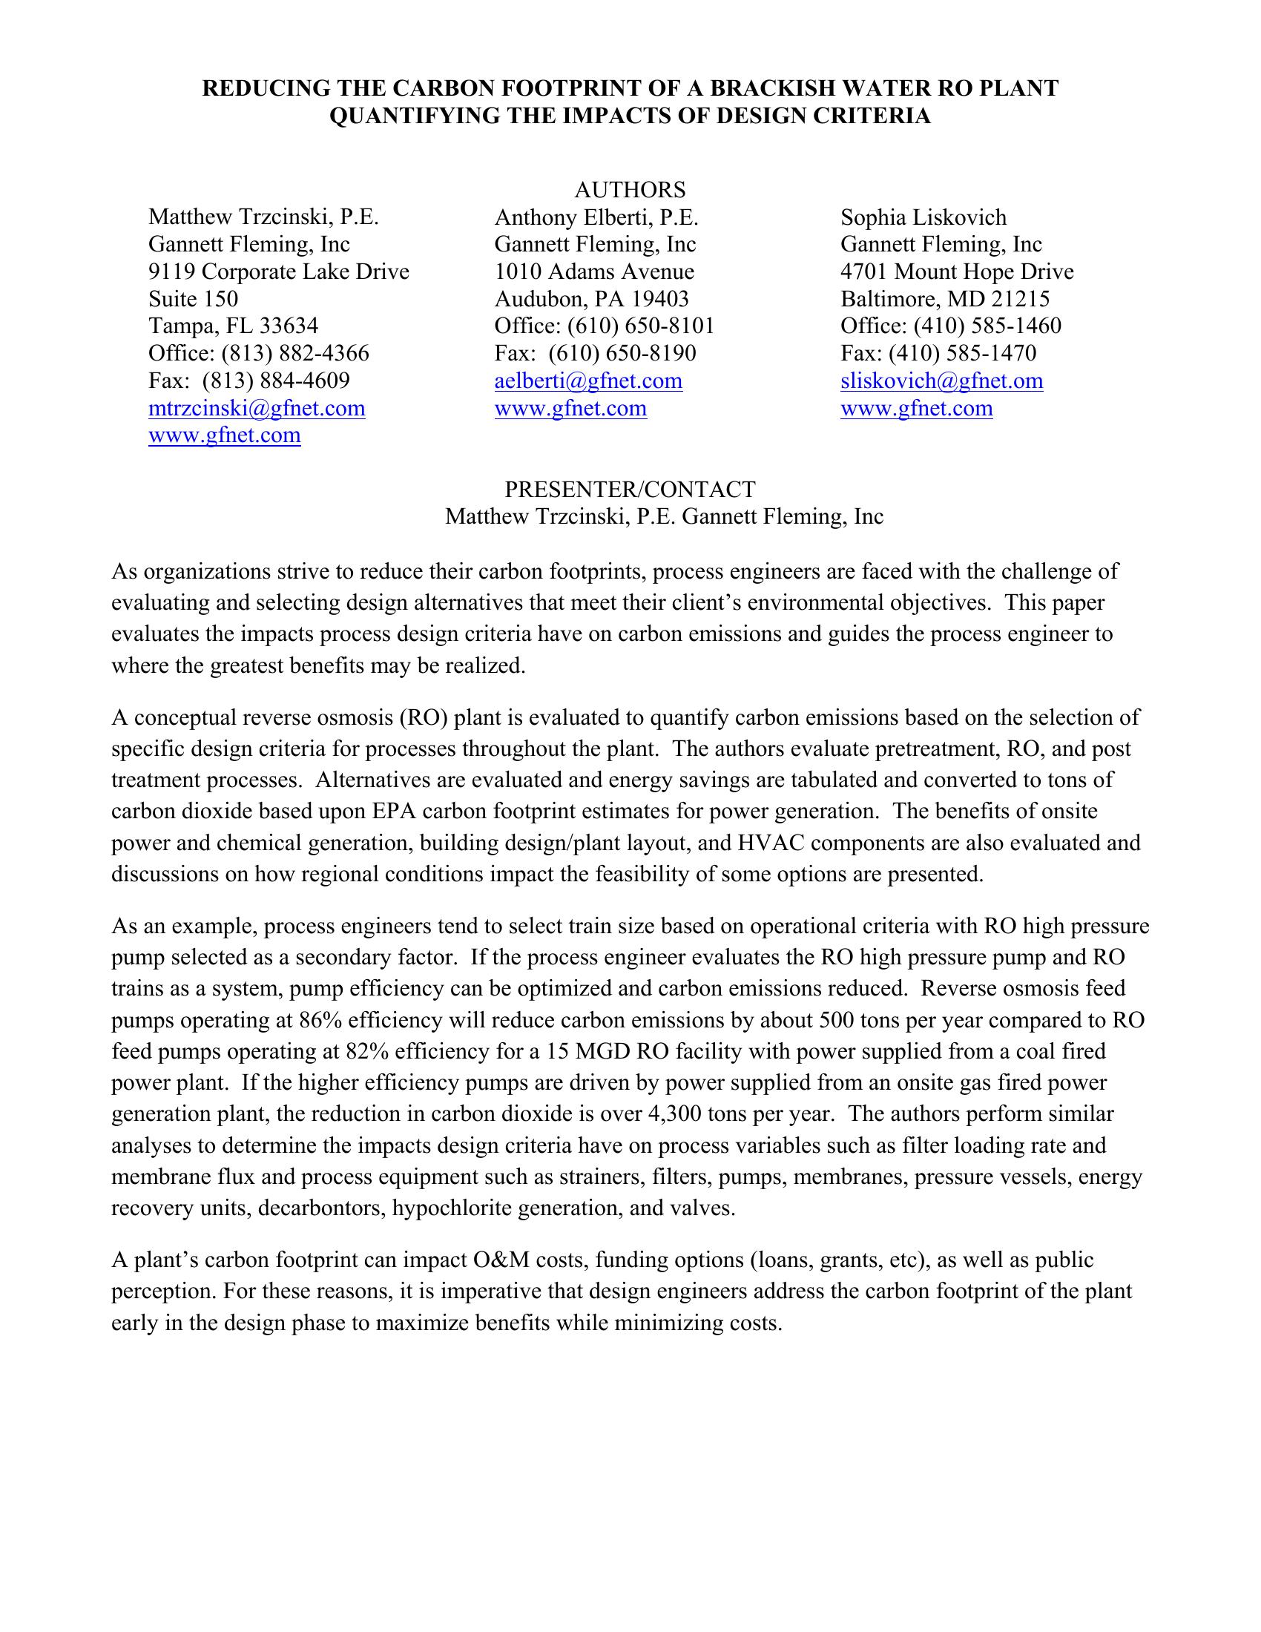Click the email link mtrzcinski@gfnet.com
tap(256, 409)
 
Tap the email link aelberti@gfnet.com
tap(588, 381)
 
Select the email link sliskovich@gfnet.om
tap(941, 381)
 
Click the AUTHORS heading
tap(630, 190)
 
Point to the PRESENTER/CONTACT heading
tap(630, 490)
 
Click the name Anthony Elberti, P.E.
tap(596, 217)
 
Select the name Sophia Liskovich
tap(923, 217)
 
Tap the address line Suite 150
tap(193, 299)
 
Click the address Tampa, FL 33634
tap(233, 326)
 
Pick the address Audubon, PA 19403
tap(591, 299)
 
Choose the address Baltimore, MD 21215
tap(945, 299)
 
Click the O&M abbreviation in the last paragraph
tap(500, 1260)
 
